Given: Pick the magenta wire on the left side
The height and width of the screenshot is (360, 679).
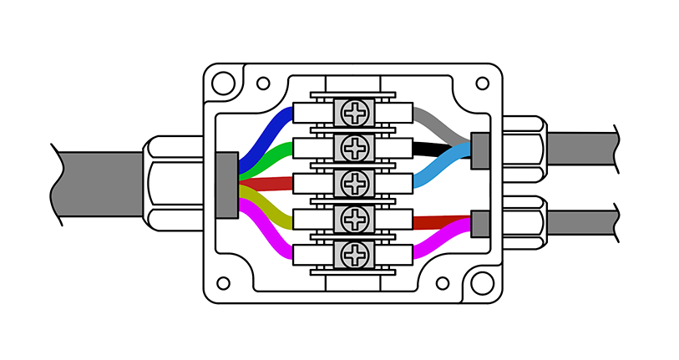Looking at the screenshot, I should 267,239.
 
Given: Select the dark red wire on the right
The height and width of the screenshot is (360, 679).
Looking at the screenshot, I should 438,222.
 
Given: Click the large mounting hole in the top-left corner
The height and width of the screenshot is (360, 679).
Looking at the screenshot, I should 222,83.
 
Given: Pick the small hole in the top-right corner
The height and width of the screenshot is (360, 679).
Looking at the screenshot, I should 482,84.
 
